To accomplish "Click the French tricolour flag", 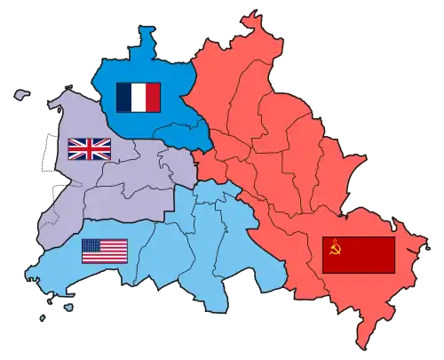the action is tap(139, 97).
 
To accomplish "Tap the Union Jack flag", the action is tap(90, 148).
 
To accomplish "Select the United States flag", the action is tap(105, 252).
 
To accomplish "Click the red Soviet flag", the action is tap(358, 254).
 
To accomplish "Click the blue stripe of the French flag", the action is tap(124, 97).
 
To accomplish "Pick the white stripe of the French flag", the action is tap(139, 97).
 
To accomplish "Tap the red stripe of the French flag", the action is tap(153, 97).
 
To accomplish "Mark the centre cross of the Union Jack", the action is tap(90, 148).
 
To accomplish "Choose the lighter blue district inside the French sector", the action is tap(182, 135).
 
